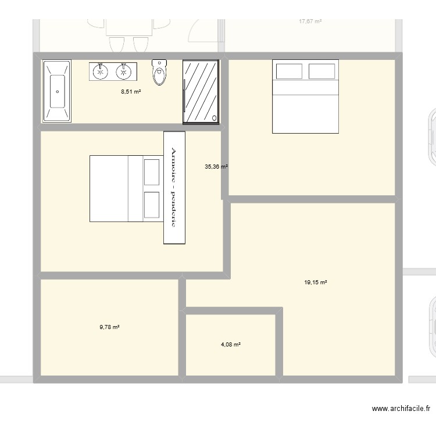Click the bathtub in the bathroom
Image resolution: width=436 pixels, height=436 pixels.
point(56,91)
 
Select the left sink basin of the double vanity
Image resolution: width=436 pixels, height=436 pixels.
point(101,72)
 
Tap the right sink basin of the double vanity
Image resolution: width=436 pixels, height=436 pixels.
point(123,72)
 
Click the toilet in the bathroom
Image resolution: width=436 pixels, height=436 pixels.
point(159,73)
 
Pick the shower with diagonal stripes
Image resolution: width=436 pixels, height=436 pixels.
point(201,92)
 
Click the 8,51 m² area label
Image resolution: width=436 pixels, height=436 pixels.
point(131,91)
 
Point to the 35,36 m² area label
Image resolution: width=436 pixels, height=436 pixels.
point(216,166)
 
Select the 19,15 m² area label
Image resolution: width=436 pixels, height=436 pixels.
point(316,283)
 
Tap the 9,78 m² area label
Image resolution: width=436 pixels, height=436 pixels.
point(109,327)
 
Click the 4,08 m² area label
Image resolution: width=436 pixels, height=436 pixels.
point(230,344)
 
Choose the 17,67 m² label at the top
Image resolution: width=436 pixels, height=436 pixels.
point(310,22)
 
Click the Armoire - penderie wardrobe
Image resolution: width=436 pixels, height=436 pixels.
point(174,187)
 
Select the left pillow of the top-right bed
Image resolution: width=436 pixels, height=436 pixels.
point(289,72)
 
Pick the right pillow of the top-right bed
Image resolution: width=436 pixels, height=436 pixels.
point(322,72)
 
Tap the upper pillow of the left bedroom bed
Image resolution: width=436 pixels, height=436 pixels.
point(152,171)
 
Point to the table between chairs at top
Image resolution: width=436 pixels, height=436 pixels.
point(128,27)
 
